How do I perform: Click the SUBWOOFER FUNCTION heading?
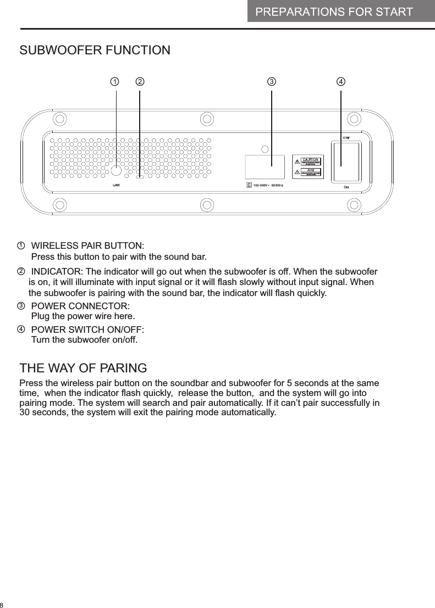[95, 51]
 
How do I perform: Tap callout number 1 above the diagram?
[114, 82]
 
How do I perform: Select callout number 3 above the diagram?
[271, 82]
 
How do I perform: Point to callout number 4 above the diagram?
[342, 82]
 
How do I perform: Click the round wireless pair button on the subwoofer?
[117, 170]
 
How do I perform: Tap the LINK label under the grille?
[116, 186]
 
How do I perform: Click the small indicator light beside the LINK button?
[140, 177]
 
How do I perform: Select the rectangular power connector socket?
[265, 166]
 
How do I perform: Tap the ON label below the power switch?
[346, 187]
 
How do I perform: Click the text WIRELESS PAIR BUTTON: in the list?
[88, 244]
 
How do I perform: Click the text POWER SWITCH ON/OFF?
[88, 330]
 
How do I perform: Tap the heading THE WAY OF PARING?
[83, 367]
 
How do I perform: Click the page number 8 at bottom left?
[2, 604]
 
